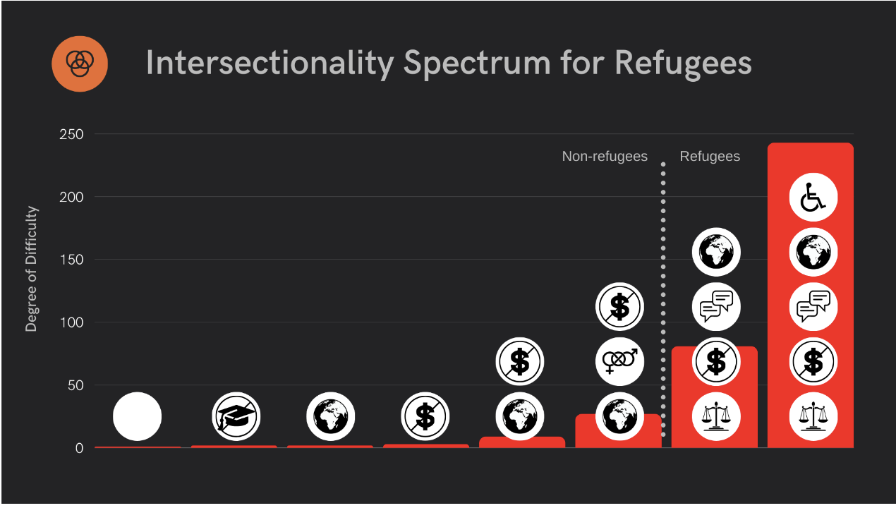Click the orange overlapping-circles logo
tap(80, 64)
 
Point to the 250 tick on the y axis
tap(70, 134)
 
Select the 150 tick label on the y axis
tap(70, 260)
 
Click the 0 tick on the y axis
tap(79, 448)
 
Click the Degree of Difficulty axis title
tap(31, 269)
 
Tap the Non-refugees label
tap(605, 156)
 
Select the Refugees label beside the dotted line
tap(710, 156)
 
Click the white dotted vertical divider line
tap(663, 296)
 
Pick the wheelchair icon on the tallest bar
tap(813, 198)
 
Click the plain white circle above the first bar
tap(137, 416)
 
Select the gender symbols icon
tap(619, 361)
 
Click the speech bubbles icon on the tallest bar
tap(813, 307)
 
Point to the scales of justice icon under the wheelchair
tap(813, 416)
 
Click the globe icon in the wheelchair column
tap(813, 252)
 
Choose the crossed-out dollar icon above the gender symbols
tap(619, 307)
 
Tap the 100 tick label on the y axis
tap(70, 322)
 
